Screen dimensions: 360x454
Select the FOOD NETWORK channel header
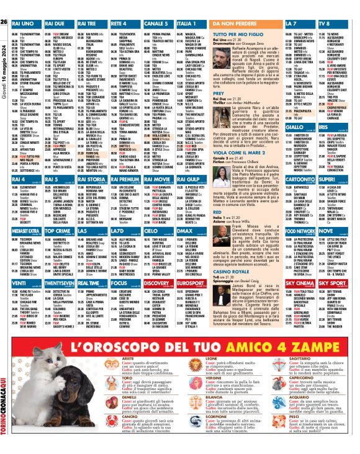point(303,229)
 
